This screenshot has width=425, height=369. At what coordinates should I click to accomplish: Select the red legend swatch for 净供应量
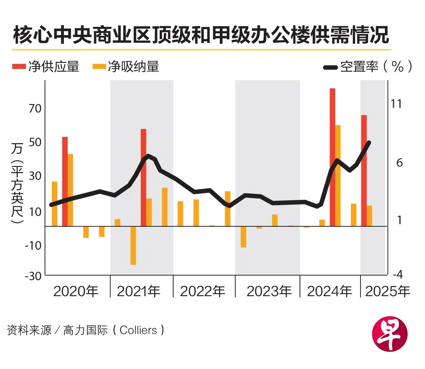click(x=19, y=66)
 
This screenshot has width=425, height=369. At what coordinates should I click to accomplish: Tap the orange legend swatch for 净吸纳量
click(x=99, y=66)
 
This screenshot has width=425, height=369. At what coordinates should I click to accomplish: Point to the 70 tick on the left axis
click(x=35, y=108)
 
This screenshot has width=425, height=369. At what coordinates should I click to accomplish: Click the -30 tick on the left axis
click(x=33, y=276)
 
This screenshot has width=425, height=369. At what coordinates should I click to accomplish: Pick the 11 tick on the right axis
click(x=396, y=103)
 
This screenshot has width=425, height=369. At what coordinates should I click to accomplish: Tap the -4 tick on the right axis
click(x=397, y=274)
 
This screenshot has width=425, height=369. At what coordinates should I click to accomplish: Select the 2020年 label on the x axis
click(x=76, y=291)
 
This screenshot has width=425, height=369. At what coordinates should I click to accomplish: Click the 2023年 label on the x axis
click(x=269, y=291)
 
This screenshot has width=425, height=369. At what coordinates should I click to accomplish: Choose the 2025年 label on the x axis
click(x=387, y=291)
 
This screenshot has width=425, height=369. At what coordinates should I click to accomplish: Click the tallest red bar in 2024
click(x=332, y=156)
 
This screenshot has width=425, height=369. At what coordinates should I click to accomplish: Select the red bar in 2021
click(x=143, y=177)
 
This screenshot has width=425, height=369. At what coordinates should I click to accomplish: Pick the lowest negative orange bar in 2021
click(x=133, y=245)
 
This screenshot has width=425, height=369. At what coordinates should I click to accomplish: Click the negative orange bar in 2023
click(x=243, y=237)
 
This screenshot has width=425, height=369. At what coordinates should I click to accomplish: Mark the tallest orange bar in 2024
click(x=338, y=175)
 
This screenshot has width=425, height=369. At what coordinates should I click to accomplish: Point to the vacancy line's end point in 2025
click(x=369, y=142)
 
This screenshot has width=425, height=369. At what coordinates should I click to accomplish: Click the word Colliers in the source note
click(x=138, y=330)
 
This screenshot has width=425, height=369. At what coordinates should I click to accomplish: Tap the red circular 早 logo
click(x=390, y=335)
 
